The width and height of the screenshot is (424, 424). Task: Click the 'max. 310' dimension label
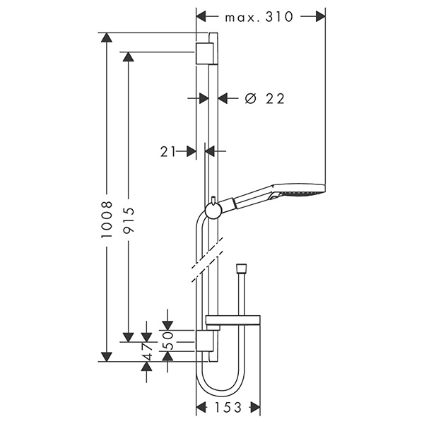tap(259, 17)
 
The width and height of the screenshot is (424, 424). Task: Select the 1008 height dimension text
tap(107, 219)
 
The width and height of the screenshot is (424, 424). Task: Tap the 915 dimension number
tap(129, 220)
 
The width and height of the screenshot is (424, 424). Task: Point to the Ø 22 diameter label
tap(265, 98)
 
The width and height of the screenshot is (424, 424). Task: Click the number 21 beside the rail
tap(168, 151)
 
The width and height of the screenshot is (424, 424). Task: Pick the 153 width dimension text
tap(228, 407)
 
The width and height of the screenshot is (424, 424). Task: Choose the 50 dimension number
tap(167, 340)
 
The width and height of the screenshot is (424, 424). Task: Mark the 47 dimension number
tap(146, 352)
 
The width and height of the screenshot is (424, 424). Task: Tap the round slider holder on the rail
tap(214, 211)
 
